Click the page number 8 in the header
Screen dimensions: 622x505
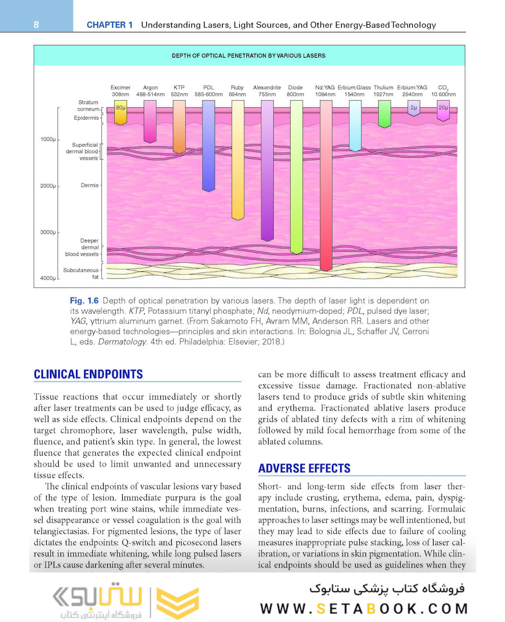36,25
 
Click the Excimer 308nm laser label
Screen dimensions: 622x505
120,91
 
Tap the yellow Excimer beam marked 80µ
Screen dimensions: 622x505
120,112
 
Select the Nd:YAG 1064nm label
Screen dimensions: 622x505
325,91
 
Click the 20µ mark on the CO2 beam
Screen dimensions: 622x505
443,108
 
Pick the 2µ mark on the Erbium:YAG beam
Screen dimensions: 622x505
413,108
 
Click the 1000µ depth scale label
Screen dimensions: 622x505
48,140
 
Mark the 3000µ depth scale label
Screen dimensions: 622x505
48,233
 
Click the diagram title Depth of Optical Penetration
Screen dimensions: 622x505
248,56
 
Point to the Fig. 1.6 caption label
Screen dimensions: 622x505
84,301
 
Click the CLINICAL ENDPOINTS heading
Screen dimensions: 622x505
88,374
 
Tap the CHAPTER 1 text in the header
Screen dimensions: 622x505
110,25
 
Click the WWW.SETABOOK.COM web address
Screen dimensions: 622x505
364,609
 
